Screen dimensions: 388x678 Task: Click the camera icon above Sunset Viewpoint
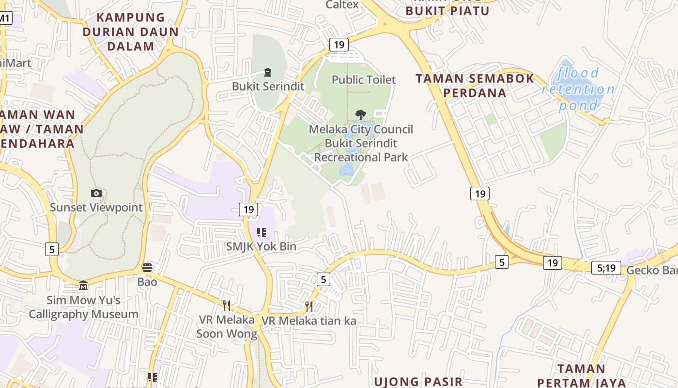tap(96, 194)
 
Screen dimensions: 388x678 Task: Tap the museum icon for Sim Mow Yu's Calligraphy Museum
tap(83, 285)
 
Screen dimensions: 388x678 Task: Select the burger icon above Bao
tap(147, 267)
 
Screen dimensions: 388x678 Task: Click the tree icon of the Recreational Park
tap(361, 115)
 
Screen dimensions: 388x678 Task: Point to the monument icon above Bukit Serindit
tap(268, 73)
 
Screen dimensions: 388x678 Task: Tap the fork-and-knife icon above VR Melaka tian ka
tap(309, 306)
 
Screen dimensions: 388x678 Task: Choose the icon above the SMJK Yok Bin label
tap(262, 232)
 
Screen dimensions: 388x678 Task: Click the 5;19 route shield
tap(606, 267)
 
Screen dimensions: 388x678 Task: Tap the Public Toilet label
tap(364, 80)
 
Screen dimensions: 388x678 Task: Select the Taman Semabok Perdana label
tap(475, 85)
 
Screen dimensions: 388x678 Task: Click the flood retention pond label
tap(578, 89)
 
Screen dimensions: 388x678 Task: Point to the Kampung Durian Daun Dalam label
tap(131, 32)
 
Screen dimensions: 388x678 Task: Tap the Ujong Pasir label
tap(418, 382)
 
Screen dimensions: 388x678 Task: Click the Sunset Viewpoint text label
tap(96, 208)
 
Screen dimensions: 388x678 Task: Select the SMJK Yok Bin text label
tap(261, 246)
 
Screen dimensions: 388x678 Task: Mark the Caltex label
tap(342, 5)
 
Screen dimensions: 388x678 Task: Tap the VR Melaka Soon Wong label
tap(227, 327)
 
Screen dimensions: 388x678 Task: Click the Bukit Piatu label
tap(447, 10)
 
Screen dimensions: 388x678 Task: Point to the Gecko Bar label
tap(652, 270)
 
